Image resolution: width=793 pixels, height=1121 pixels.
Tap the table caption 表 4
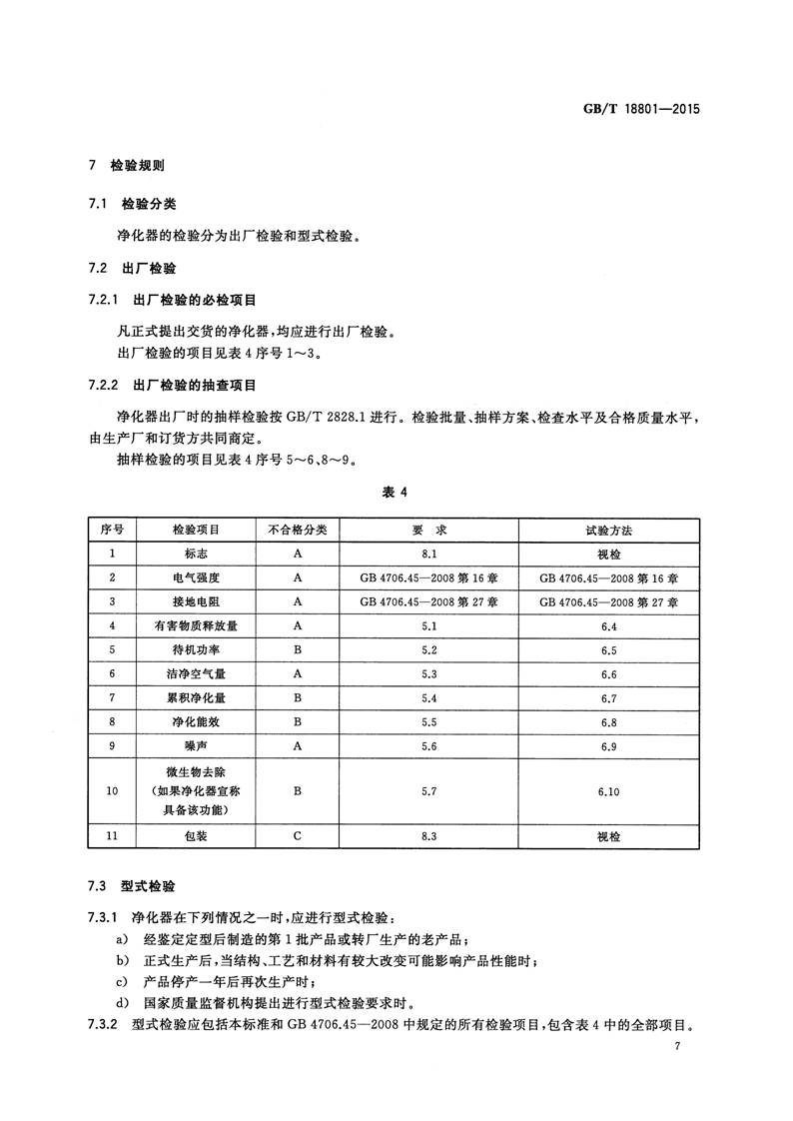396,492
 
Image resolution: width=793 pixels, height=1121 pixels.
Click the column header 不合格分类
298,528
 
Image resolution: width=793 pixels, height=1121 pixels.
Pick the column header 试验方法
609,528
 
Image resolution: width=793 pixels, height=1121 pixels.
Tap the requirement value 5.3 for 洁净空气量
429,673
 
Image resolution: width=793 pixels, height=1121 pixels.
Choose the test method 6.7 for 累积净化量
609,697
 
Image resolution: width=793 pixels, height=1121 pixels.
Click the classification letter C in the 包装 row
298,839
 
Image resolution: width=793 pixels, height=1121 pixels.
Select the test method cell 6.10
609,791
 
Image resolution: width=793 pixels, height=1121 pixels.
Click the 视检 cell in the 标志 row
609,553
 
